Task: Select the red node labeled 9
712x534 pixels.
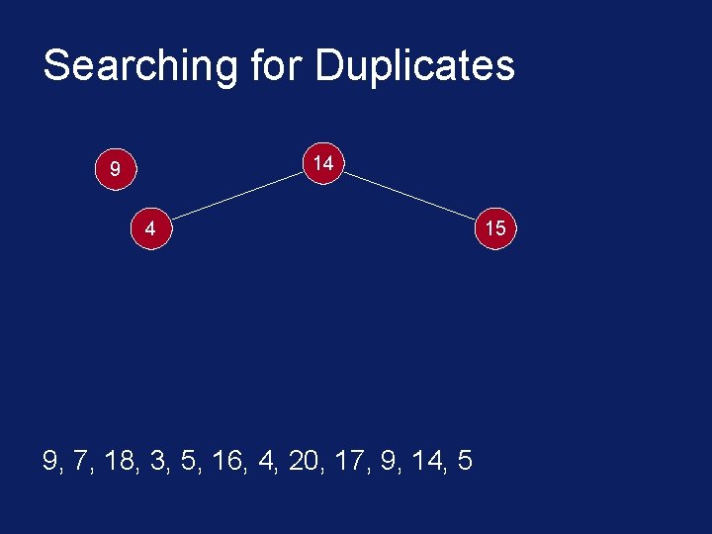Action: [115, 170]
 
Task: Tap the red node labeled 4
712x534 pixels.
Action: [149, 228]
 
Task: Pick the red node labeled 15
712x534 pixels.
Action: [494, 228]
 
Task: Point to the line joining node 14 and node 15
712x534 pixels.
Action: [408, 195]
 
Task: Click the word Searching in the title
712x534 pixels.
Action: [139, 66]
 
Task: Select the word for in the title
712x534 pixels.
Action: [278, 66]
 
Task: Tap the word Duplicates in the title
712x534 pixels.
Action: [414, 66]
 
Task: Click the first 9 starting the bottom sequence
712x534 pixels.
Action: [50, 461]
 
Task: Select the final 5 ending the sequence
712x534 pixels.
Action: [465, 461]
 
